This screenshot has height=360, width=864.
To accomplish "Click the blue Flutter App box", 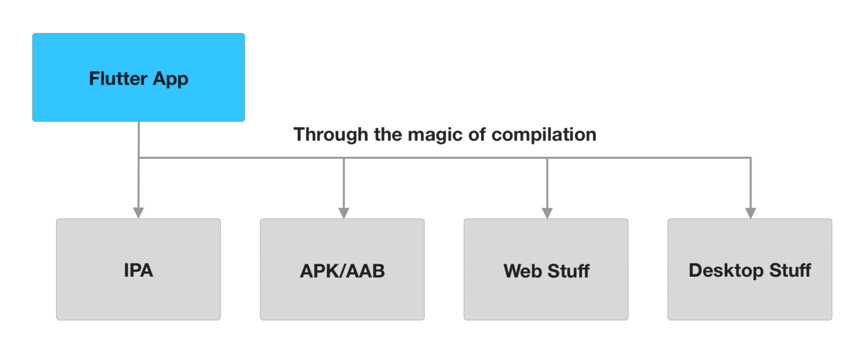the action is point(138,77).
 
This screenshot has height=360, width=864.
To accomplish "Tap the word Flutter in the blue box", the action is point(118,78).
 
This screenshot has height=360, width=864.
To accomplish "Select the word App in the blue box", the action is point(170,79).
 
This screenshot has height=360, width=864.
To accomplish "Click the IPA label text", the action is point(138,270).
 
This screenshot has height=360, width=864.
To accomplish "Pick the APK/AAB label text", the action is point(343,271).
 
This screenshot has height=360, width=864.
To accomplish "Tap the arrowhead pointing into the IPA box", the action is point(138,213).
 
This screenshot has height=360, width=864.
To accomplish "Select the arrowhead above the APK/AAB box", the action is point(344,213).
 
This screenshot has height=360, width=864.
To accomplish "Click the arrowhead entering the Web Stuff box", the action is point(547,213).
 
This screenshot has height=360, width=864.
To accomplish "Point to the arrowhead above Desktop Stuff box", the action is point(750,213).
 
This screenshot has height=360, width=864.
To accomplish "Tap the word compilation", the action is point(544,135).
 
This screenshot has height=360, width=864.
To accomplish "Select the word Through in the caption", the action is point(331,135).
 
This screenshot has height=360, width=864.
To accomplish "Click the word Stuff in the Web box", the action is point(569,271).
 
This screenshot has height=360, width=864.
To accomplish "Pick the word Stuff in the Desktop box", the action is point(790,270).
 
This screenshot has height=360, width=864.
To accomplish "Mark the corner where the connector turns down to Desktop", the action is point(750,158).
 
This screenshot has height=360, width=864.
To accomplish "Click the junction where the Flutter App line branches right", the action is point(138,158).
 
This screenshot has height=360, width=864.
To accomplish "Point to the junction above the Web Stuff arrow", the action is point(547,158).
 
